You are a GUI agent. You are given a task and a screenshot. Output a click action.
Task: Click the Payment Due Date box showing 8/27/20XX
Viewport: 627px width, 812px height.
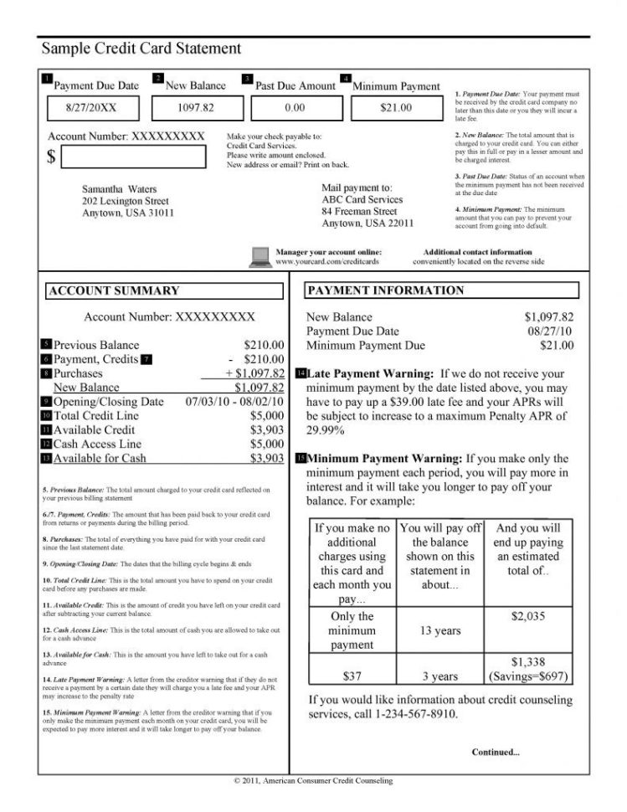coord(91,108)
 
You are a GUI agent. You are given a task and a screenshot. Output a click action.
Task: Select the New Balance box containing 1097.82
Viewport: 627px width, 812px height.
coord(196,108)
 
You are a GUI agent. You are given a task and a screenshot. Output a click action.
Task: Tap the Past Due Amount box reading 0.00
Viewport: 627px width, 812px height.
coord(294,108)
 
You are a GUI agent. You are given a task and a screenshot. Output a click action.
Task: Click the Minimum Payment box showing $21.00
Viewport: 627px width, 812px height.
coord(396,108)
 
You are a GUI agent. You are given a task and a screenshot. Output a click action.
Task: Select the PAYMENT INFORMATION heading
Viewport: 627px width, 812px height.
coord(385,290)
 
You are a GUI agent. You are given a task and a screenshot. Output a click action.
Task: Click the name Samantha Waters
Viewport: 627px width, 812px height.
coord(120,190)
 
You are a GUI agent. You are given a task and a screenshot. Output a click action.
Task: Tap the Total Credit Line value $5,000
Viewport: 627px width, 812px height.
coord(267,415)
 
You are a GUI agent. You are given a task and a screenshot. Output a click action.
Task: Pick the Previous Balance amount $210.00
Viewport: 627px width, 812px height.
coord(264,345)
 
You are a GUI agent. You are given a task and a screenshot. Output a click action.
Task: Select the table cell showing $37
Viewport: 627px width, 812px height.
coord(352,676)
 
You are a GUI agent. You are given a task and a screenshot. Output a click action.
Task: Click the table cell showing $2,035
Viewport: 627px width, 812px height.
coord(527,616)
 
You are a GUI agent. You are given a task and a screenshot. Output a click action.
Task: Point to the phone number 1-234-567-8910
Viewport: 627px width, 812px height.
coord(406,715)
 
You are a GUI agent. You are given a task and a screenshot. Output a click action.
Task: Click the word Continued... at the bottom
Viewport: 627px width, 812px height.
coord(496,752)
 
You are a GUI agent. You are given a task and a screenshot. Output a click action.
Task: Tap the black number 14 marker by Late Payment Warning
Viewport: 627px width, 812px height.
coord(301,373)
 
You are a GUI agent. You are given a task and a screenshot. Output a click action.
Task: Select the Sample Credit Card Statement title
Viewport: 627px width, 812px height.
coord(141,49)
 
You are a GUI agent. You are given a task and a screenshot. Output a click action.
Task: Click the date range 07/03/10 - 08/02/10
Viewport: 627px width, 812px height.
coord(234,401)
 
